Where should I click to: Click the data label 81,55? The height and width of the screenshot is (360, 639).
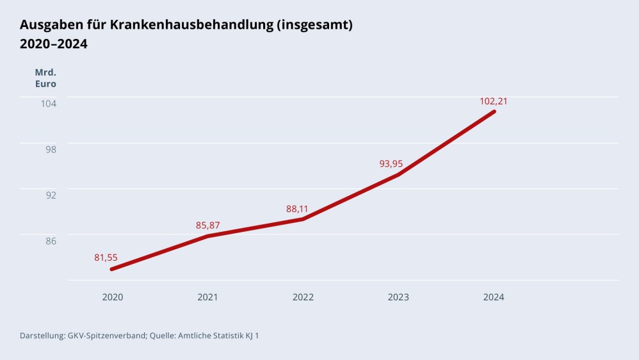106,258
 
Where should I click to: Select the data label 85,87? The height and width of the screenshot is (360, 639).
207,225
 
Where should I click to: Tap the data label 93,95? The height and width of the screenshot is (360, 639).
391,163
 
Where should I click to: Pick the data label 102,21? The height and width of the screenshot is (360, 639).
494,101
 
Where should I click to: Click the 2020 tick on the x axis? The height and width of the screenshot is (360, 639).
113,297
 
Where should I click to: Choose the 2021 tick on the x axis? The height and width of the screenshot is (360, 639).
207,297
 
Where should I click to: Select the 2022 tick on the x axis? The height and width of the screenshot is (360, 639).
303,297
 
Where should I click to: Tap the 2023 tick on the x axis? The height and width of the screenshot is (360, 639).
398,297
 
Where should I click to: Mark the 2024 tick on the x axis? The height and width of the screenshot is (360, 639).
494,297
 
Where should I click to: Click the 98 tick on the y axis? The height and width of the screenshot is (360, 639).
51,149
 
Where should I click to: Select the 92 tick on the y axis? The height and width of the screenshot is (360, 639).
51,195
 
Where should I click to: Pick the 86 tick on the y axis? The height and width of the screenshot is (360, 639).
51,241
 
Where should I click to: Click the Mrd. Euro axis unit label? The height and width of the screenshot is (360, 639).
45,78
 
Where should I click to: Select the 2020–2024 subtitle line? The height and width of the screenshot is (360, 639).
54,44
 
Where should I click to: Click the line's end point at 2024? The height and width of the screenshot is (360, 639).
494,111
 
